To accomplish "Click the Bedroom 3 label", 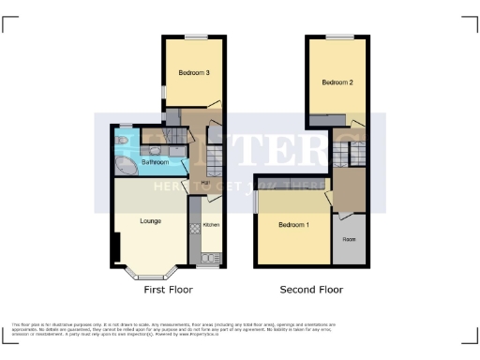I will click(x=194, y=72).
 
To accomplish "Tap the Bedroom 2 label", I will click(x=337, y=82).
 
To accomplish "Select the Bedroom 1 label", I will click(x=294, y=225).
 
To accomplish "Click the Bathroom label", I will click(x=155, y=162).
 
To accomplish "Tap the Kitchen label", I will click(x=211, y=225).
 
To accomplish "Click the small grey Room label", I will click(x=349, y=239).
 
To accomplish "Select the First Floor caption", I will click(x=168, y=290).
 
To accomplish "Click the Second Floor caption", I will click(x=312, y=290).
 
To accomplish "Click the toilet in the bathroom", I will click(x=155, y=150).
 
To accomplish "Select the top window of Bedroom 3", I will click(x=195, y=37).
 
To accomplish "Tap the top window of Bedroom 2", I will click(x=339, y=37).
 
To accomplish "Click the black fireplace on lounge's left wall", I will click(x=114, y=249).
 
